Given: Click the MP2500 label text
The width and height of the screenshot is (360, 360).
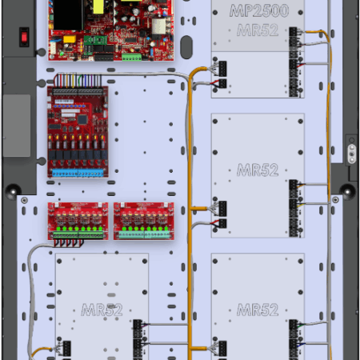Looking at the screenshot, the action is click(259, 10).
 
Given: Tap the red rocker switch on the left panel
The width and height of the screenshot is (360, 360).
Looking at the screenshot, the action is click(24, 37).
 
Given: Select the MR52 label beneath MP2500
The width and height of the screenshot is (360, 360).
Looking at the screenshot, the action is click(258, 30).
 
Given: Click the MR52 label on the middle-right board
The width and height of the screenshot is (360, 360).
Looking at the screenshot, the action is click(258, 170).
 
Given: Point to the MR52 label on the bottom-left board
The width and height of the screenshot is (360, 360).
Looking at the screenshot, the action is click(102, 310).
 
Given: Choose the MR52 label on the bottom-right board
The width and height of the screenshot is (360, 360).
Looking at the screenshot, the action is click(258, 310).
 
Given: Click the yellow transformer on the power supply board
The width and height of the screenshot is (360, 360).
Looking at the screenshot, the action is click(98, 6).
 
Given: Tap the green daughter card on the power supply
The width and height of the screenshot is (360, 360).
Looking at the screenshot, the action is click(95, 40).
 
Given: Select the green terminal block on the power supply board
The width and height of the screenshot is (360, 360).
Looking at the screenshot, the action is click(131, 57).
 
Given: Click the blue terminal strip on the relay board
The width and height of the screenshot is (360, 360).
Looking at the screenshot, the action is click(78, 173).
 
